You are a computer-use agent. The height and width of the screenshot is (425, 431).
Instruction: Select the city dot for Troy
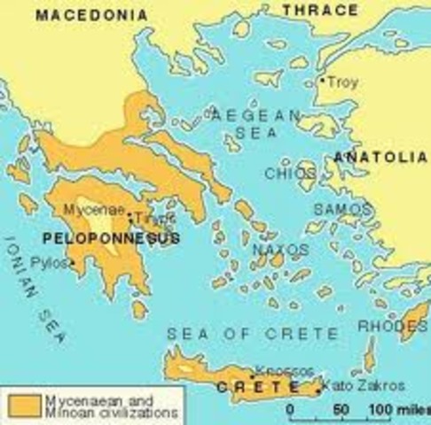pyautogui.click(x=321, y=81)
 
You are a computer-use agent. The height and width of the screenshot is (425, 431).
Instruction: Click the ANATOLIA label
pyautogui.click(x=380, y=156)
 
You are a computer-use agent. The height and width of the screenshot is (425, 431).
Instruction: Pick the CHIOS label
pyautogui.click(x=284, y=174)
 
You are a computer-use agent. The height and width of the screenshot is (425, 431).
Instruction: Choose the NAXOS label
pyautogui.click(x=279, y=251)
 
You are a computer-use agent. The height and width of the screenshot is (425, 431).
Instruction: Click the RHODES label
pyautogui.click(x=391, y=325)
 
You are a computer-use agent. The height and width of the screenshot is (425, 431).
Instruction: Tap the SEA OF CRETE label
pyautogui.click(x=253, y=333)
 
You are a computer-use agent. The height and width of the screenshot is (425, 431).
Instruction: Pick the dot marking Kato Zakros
pyautogui.click(x=319, y=387)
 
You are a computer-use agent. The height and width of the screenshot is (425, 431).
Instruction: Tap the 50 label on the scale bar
pyautogui.click(x=341, y=409)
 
